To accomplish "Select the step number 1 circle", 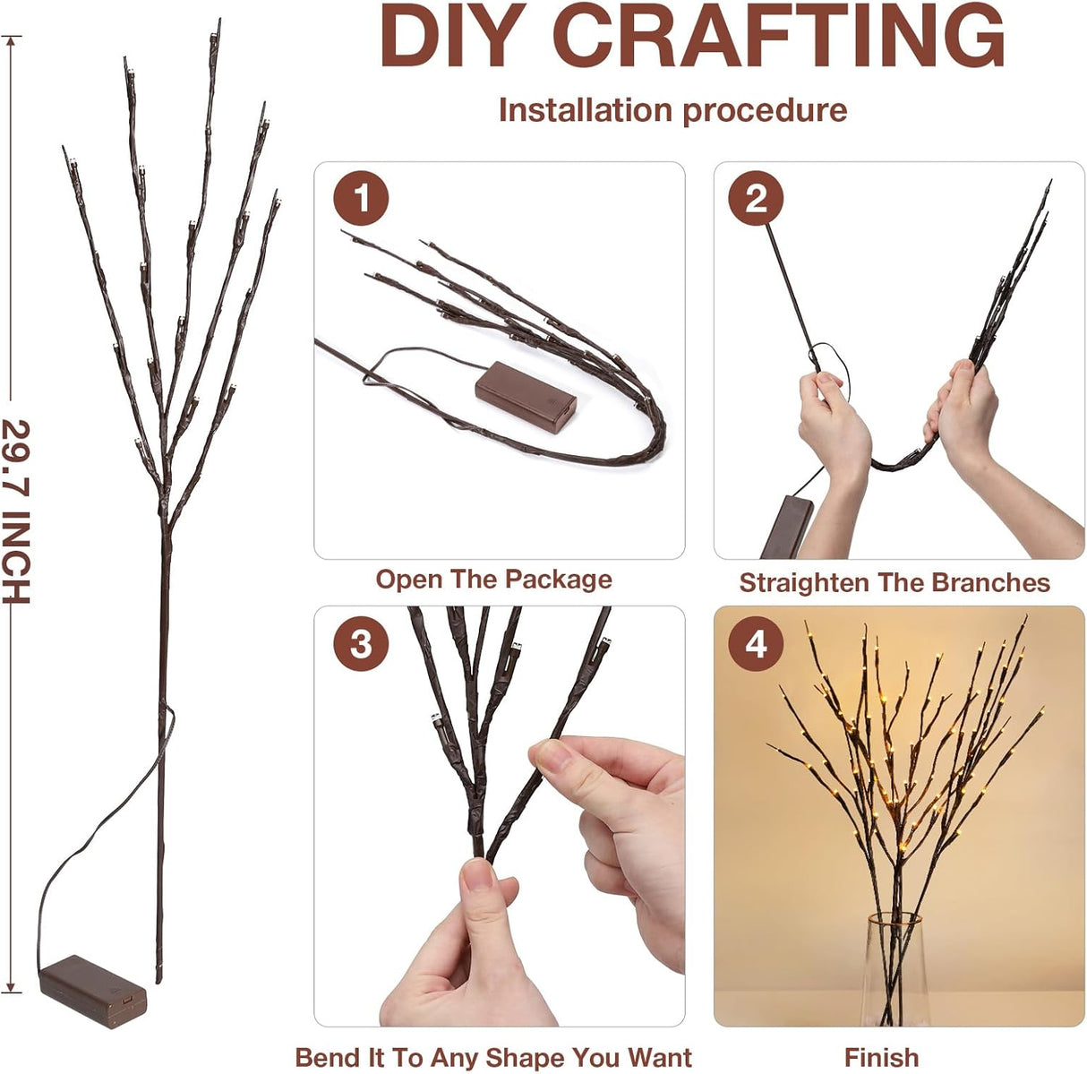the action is tap(361, 198).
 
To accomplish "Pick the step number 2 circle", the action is tap(756, 198).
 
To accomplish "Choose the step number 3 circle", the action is tap(361, 643).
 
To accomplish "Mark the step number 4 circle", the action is tap(756, 643).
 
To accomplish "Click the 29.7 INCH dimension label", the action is tap(16, 511).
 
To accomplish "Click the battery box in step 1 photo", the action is tap(526, 398).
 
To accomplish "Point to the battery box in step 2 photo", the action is tap(786, 526).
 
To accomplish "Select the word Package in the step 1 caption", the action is tap(558, 580).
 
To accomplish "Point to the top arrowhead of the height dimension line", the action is tap(12, 39).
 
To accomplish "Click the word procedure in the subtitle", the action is tap(765, 110).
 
